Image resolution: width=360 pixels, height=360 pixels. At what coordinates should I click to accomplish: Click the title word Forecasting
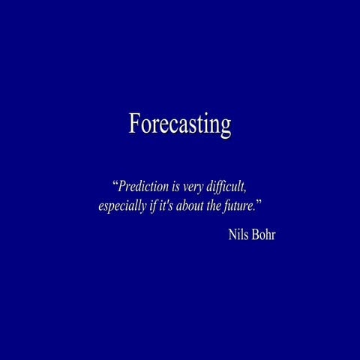pyautogui.click(x=180, y=124)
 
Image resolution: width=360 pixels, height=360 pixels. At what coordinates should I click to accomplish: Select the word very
pyautogui.click(x=194, y=186)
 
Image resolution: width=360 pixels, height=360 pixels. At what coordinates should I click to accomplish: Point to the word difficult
pyautogui.click(x=229, y=186)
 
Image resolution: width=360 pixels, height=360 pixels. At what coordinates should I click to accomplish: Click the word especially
pyautogui.click(x=122, y=206)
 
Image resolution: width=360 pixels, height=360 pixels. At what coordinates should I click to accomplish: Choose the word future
pyautogui.click(x=239, y=205)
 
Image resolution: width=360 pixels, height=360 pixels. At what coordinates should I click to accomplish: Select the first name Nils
pyautogui.click(x=239, y=234)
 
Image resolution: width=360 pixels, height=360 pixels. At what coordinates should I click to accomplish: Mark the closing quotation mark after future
pyautogui.click(x=259, y=202)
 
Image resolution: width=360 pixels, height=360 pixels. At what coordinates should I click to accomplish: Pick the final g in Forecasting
pyautogui.click(x=225, y=127)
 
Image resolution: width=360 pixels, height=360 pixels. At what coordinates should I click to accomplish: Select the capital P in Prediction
pyautogui.click(x=123, y=186)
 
